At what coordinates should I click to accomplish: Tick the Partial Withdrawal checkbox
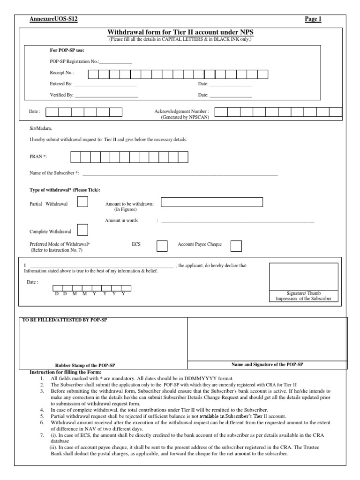pyautogui.click(x=82, y=202)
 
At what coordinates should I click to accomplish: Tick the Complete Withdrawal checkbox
pyautogui.click(x=82, y=230)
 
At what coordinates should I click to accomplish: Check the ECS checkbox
pyautogui.click(x=162, y=246)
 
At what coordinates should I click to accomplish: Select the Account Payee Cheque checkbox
pyautogui.click(x=237, y=246)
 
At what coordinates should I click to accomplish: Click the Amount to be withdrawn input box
pyautogui.click(x=212, y=202)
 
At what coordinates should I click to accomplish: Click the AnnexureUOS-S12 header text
pyautogui.click(x=54, y=19)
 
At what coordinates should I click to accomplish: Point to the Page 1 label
pyautogui.click(x=313, y=19)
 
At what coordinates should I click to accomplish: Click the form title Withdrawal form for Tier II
pyautogui.click(x=180, y=32)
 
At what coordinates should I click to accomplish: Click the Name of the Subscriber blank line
pyautogui.click(x=180, y=175)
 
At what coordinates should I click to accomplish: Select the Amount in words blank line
pyautogui.click(x=238, y=222)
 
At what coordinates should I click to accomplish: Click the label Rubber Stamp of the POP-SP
pyautogui.click(x=85, y=365)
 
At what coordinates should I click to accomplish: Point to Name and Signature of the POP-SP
pyautogui.click(x=268, y=364)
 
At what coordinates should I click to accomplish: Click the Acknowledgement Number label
pyautogui.click(x=182, y=112)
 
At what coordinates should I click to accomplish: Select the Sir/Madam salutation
pyautogui.click(x=41, y=128)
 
